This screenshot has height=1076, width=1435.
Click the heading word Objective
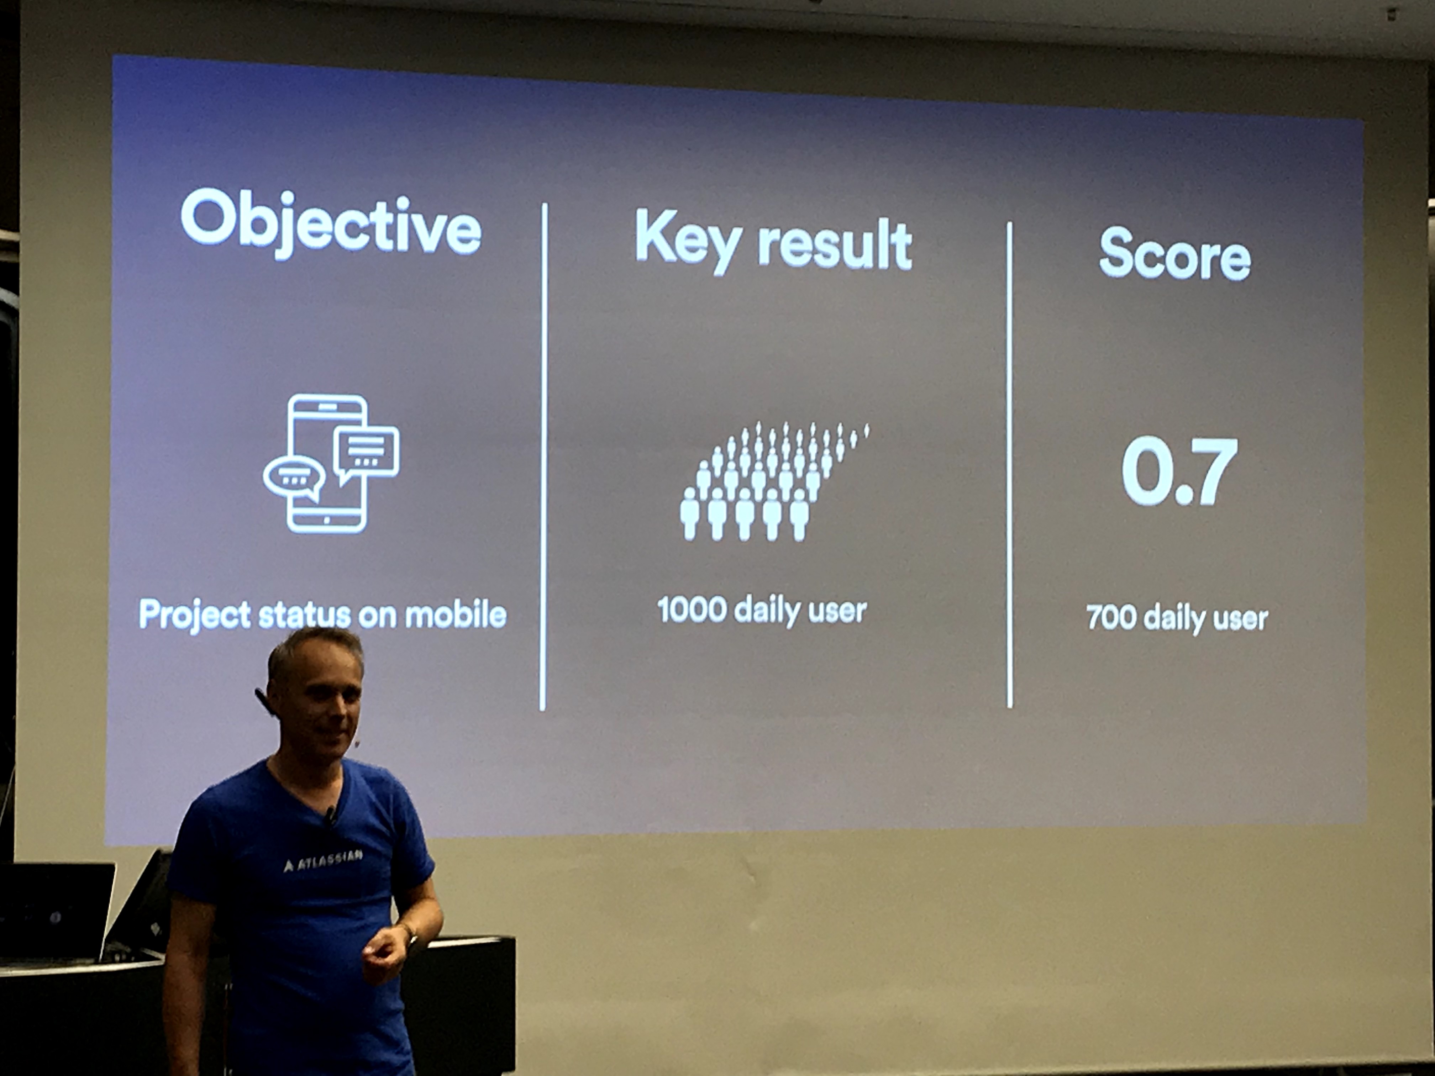point(331,224)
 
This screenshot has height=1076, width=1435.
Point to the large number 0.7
point(1179,471)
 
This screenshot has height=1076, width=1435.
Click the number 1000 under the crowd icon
point(692,610)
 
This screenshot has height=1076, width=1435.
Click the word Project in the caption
point(195,615)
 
